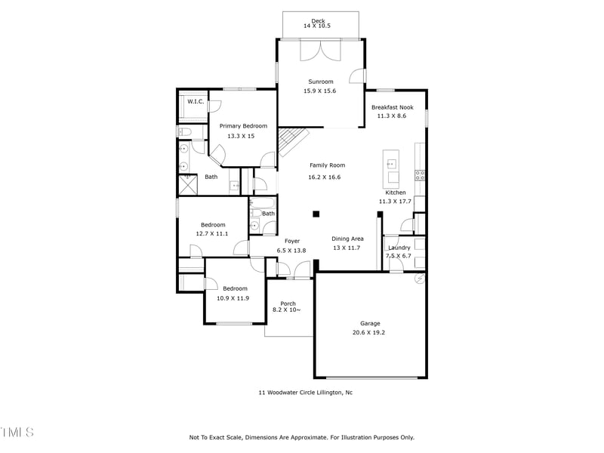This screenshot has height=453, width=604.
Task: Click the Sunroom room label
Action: (320, 82)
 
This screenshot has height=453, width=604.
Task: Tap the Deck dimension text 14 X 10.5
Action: (317, 26)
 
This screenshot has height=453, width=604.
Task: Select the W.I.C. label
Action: (196, 101)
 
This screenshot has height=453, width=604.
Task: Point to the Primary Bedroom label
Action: (243, 126)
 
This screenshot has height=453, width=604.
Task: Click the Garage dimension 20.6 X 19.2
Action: (368, 332)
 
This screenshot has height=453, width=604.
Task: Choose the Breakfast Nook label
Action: (392, 107)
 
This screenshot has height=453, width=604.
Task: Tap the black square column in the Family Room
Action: (316, 214)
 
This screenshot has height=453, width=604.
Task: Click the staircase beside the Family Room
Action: (294, 142)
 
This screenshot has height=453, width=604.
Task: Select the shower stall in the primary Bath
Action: (188, 185)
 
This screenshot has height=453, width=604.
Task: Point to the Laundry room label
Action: (399, 248)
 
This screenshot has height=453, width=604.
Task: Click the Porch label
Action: (288, 304)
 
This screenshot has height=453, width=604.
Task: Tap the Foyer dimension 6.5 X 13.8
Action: (291, 251)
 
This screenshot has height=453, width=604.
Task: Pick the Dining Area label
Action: (347, 239)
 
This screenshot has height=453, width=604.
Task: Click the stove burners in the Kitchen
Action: (420, 176)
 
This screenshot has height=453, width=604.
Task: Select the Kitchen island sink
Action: (391, 165)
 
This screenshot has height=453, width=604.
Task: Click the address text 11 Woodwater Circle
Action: (287, 393)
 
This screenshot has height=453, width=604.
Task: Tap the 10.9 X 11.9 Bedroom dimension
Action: (233, 298)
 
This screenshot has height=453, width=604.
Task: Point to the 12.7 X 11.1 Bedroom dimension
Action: (212, 233)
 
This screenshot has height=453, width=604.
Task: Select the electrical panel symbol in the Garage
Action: (420, 278)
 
